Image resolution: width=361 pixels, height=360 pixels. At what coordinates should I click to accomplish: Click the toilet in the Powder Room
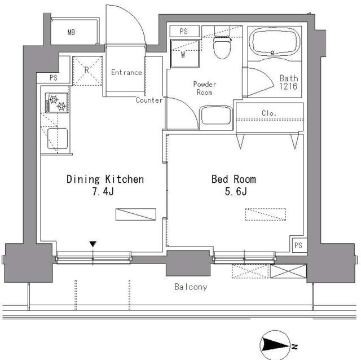[222, 47]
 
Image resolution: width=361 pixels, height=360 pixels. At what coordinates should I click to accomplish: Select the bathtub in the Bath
[274, 42]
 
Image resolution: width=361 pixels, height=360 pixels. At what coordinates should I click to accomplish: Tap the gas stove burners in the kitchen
[56, 103]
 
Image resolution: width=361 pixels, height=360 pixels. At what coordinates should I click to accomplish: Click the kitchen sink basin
[58, 138]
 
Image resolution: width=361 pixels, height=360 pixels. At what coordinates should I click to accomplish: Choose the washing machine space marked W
[184, 54]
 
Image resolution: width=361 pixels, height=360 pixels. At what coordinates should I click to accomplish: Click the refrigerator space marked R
[87, 71]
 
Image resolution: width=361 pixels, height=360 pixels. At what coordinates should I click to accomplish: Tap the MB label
[72, 32]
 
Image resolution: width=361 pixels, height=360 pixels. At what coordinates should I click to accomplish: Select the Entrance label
[126, 73]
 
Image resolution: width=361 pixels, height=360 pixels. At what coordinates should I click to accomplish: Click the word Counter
[149, 100]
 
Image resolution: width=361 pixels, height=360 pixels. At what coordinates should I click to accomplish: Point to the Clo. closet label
[269, 113]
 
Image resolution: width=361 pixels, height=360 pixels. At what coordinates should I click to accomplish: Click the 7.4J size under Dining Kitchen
[103, 191]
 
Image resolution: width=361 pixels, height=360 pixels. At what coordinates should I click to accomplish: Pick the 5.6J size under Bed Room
[236, 191]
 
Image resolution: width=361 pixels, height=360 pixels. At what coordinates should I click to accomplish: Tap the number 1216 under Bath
[288, 86]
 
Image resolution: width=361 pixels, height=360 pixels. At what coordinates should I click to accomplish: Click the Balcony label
[191, 287]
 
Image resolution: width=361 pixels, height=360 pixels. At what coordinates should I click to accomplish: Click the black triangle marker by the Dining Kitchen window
[93, 244]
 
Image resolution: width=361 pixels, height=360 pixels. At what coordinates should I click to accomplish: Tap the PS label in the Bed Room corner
[298, 245]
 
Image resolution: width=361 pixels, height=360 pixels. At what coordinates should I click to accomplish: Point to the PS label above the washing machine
[183, 32]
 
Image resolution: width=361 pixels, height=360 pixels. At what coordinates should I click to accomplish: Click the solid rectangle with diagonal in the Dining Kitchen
[136, 214]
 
